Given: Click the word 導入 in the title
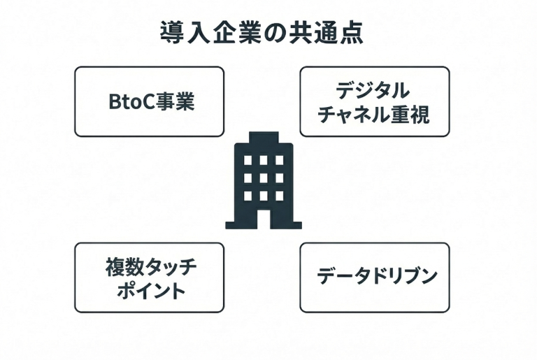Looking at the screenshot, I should (180, 33).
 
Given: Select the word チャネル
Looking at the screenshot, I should (349, 114).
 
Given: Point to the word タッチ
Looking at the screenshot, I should (168, 266).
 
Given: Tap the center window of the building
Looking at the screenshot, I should (263, 178).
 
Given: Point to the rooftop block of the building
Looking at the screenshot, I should (263, 136).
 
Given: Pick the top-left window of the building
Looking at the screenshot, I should (247, 160).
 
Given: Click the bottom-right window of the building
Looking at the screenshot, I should (279, 196).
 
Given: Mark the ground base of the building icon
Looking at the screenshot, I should (263, 226).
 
